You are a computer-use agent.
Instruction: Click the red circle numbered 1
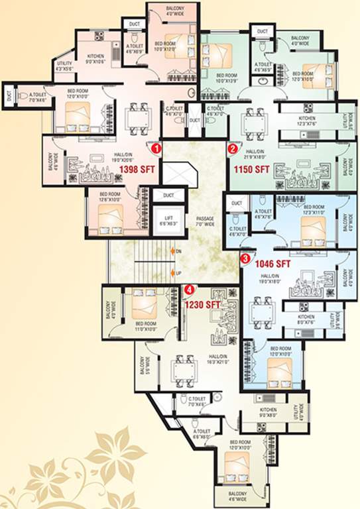point(156,147)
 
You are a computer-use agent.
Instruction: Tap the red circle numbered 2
point(233,148)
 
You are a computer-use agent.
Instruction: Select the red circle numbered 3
point(245,258)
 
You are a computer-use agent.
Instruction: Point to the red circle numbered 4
point(190,289)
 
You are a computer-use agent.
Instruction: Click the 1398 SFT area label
point(137,170)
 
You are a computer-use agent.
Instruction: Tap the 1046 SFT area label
point(273,263)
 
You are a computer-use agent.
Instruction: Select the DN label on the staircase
point(178,252)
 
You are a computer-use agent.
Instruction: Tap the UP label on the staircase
point(178,272)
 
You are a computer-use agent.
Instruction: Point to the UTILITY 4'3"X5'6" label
point(64,66)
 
